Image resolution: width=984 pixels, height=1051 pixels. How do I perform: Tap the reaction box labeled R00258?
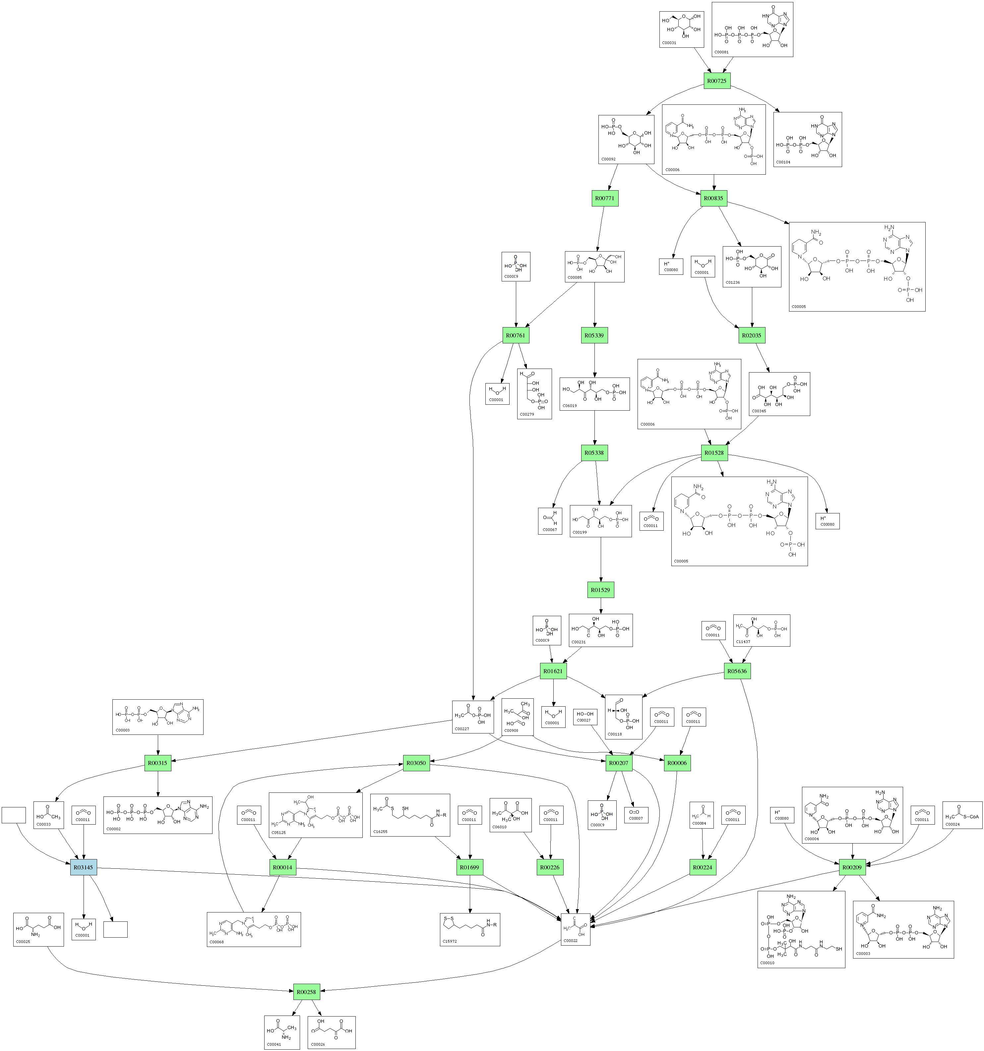(307, 992)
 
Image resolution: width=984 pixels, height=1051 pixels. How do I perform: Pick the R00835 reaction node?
(713, 198)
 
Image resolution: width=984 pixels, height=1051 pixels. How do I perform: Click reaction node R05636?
(737, 671)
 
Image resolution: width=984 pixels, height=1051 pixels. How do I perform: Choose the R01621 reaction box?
(553, 671)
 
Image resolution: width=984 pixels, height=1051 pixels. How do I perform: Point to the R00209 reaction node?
(852, 868)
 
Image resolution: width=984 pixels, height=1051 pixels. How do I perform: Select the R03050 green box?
(416, 763)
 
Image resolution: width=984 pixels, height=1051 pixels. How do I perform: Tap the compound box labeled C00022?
(575, 929)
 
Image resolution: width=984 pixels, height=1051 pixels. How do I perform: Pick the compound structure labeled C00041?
(282, 1032)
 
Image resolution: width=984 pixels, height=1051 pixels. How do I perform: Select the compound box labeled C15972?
(469, 929)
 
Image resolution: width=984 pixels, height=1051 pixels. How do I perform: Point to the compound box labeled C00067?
(550, 521)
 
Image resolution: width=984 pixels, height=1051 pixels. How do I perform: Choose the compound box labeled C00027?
(585, 718)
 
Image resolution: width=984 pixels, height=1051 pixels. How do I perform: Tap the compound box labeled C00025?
(38, 929)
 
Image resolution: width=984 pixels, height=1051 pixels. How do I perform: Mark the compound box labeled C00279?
(534, 394)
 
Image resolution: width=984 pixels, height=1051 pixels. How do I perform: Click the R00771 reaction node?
(605, 198)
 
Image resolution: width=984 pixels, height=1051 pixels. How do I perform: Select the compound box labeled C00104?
(807, 140)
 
